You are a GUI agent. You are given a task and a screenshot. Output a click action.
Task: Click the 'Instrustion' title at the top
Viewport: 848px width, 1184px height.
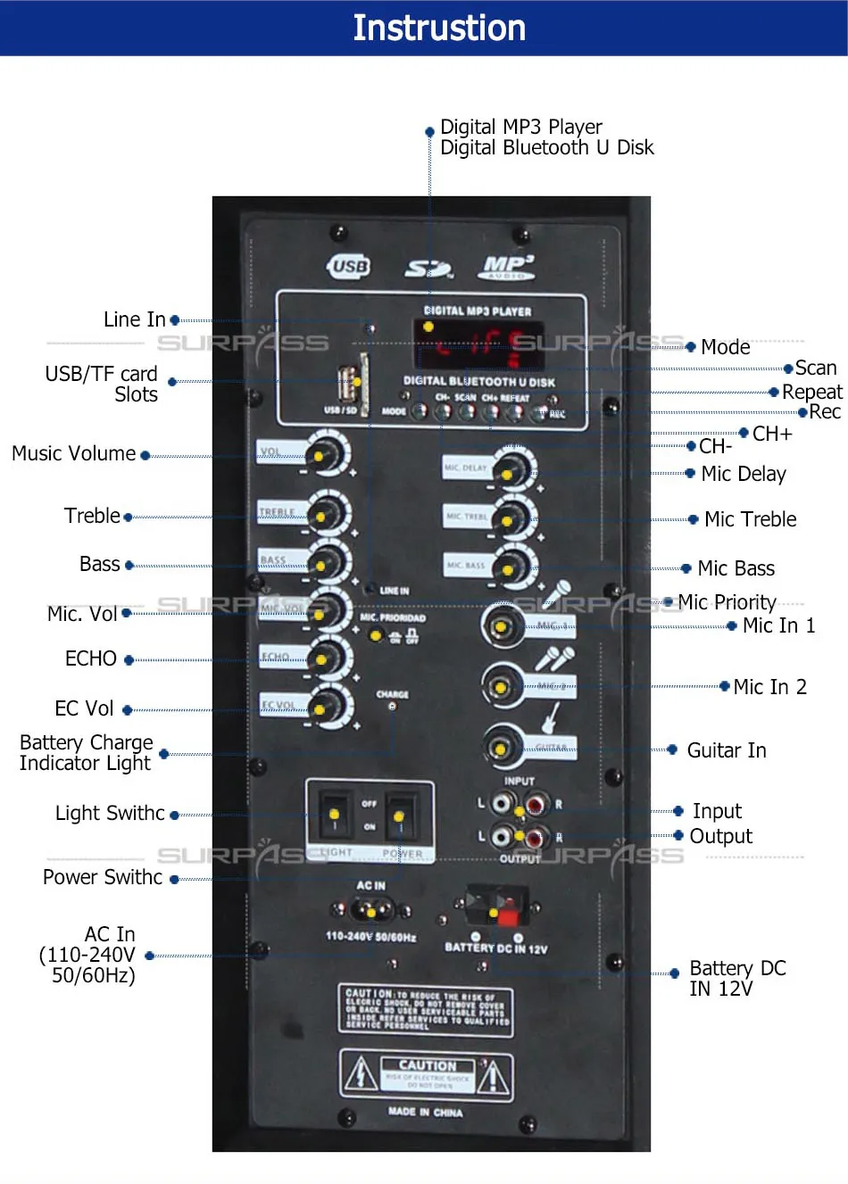pyautogui.click(x=439, y=28)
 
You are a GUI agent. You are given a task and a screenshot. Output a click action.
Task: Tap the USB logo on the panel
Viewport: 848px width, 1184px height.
pyautogui.click(x=349, y=266)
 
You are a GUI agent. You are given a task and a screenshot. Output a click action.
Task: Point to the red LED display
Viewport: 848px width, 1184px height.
pyautogui.click(x=479, y=344)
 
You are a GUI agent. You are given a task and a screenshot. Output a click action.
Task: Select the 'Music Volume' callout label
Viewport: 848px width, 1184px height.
pyautogui.click(x=73, y=454)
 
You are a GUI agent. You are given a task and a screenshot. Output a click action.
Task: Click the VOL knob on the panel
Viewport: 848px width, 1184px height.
pyautogui.click(x=328, y=454)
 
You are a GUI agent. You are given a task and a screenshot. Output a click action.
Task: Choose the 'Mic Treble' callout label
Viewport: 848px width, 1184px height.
pyautogui.click(x=750, y=519)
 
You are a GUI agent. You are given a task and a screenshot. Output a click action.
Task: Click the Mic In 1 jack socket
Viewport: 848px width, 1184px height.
pyautogui.click(x=502, y=625)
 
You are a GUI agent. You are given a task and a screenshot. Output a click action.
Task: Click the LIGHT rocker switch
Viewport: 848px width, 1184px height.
pyautogui.click(x=334, y=814)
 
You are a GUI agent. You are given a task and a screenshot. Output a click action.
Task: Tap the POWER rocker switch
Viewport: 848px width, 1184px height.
pyautogui.click(x=400, y=815)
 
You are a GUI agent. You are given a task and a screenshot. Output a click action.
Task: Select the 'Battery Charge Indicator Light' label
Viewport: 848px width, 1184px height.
pyautogui.click(x=86, y=753)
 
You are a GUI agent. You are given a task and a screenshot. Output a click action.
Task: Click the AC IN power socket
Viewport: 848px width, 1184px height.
pyautogui.click(x=371, y=911)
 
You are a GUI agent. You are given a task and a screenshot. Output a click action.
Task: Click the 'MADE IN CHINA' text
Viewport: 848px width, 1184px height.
pyautogui.click(x=425, y=1112)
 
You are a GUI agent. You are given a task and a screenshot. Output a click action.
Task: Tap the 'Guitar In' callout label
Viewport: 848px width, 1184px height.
pyautogui.click(x=727, y=750)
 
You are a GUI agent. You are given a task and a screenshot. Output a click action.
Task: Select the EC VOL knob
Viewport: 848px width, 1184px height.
pyautogui.click(x=328, y=708)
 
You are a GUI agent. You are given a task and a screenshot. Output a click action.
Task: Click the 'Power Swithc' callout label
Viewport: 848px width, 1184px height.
pyautogui.click(x=103, y=878)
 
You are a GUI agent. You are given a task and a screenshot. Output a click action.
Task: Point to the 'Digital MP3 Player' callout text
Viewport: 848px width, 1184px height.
pyautogui.click(x=521, y=127)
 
